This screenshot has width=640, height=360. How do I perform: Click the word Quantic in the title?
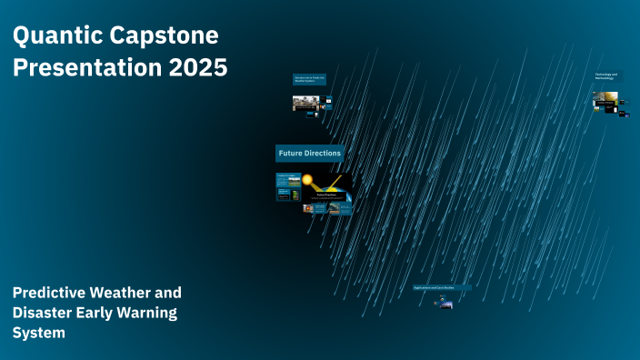pyautogui.click(x=55, y=37)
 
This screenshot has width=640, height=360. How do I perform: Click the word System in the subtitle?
pyautogui.click(x=38, y=333)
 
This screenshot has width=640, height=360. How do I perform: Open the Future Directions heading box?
pyautogui.click(x=309, y=154)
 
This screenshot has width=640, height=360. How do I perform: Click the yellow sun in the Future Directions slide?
pyautogui.click(x=307, y=180)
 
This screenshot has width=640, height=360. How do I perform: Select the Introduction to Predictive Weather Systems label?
pyautogui.click(x=309, y=80)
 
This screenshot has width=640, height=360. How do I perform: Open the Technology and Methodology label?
pyautogui.click(x=606, y=76)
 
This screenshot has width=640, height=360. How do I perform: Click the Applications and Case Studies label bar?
pyautogui.click(x=442, y=287)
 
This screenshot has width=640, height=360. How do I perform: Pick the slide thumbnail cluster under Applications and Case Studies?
pyautogui.click(x=445, y=304)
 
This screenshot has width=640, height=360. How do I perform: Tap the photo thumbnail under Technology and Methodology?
pyautogui.click(x=605, y=102)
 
